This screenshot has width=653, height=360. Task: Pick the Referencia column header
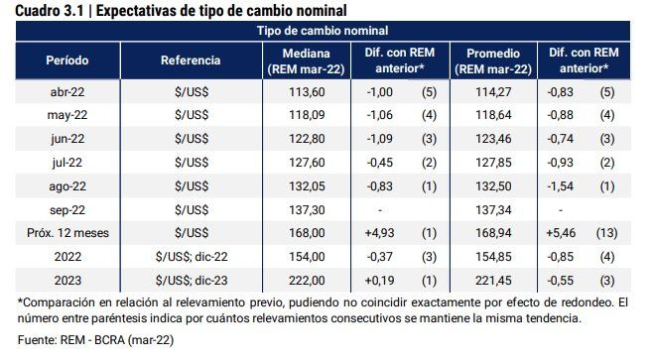[191, 60]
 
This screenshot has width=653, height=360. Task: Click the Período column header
[67, 60]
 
